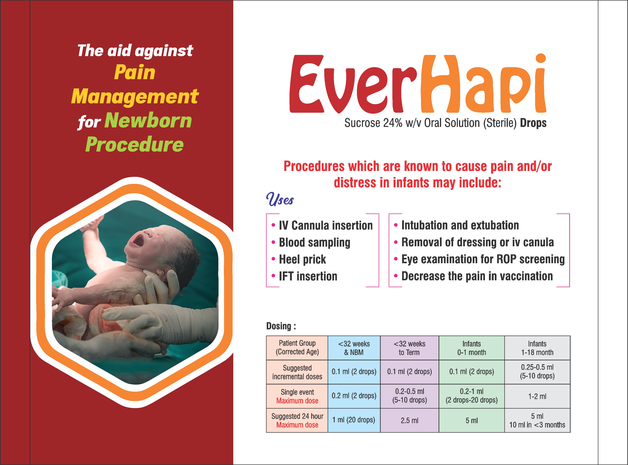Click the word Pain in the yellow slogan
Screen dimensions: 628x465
click(x=135, y=72)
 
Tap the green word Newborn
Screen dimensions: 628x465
click(x=148, y=120)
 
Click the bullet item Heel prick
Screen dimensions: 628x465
click(x=302, y=259)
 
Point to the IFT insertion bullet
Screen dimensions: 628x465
click(x=308, y=276)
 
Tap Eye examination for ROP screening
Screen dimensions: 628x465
click(x=483, y=259)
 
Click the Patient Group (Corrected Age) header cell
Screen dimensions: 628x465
click(x=297, y=348)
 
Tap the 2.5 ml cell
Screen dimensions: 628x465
click(x=409, y=420)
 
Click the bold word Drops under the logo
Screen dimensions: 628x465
click(x=533, y=123)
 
